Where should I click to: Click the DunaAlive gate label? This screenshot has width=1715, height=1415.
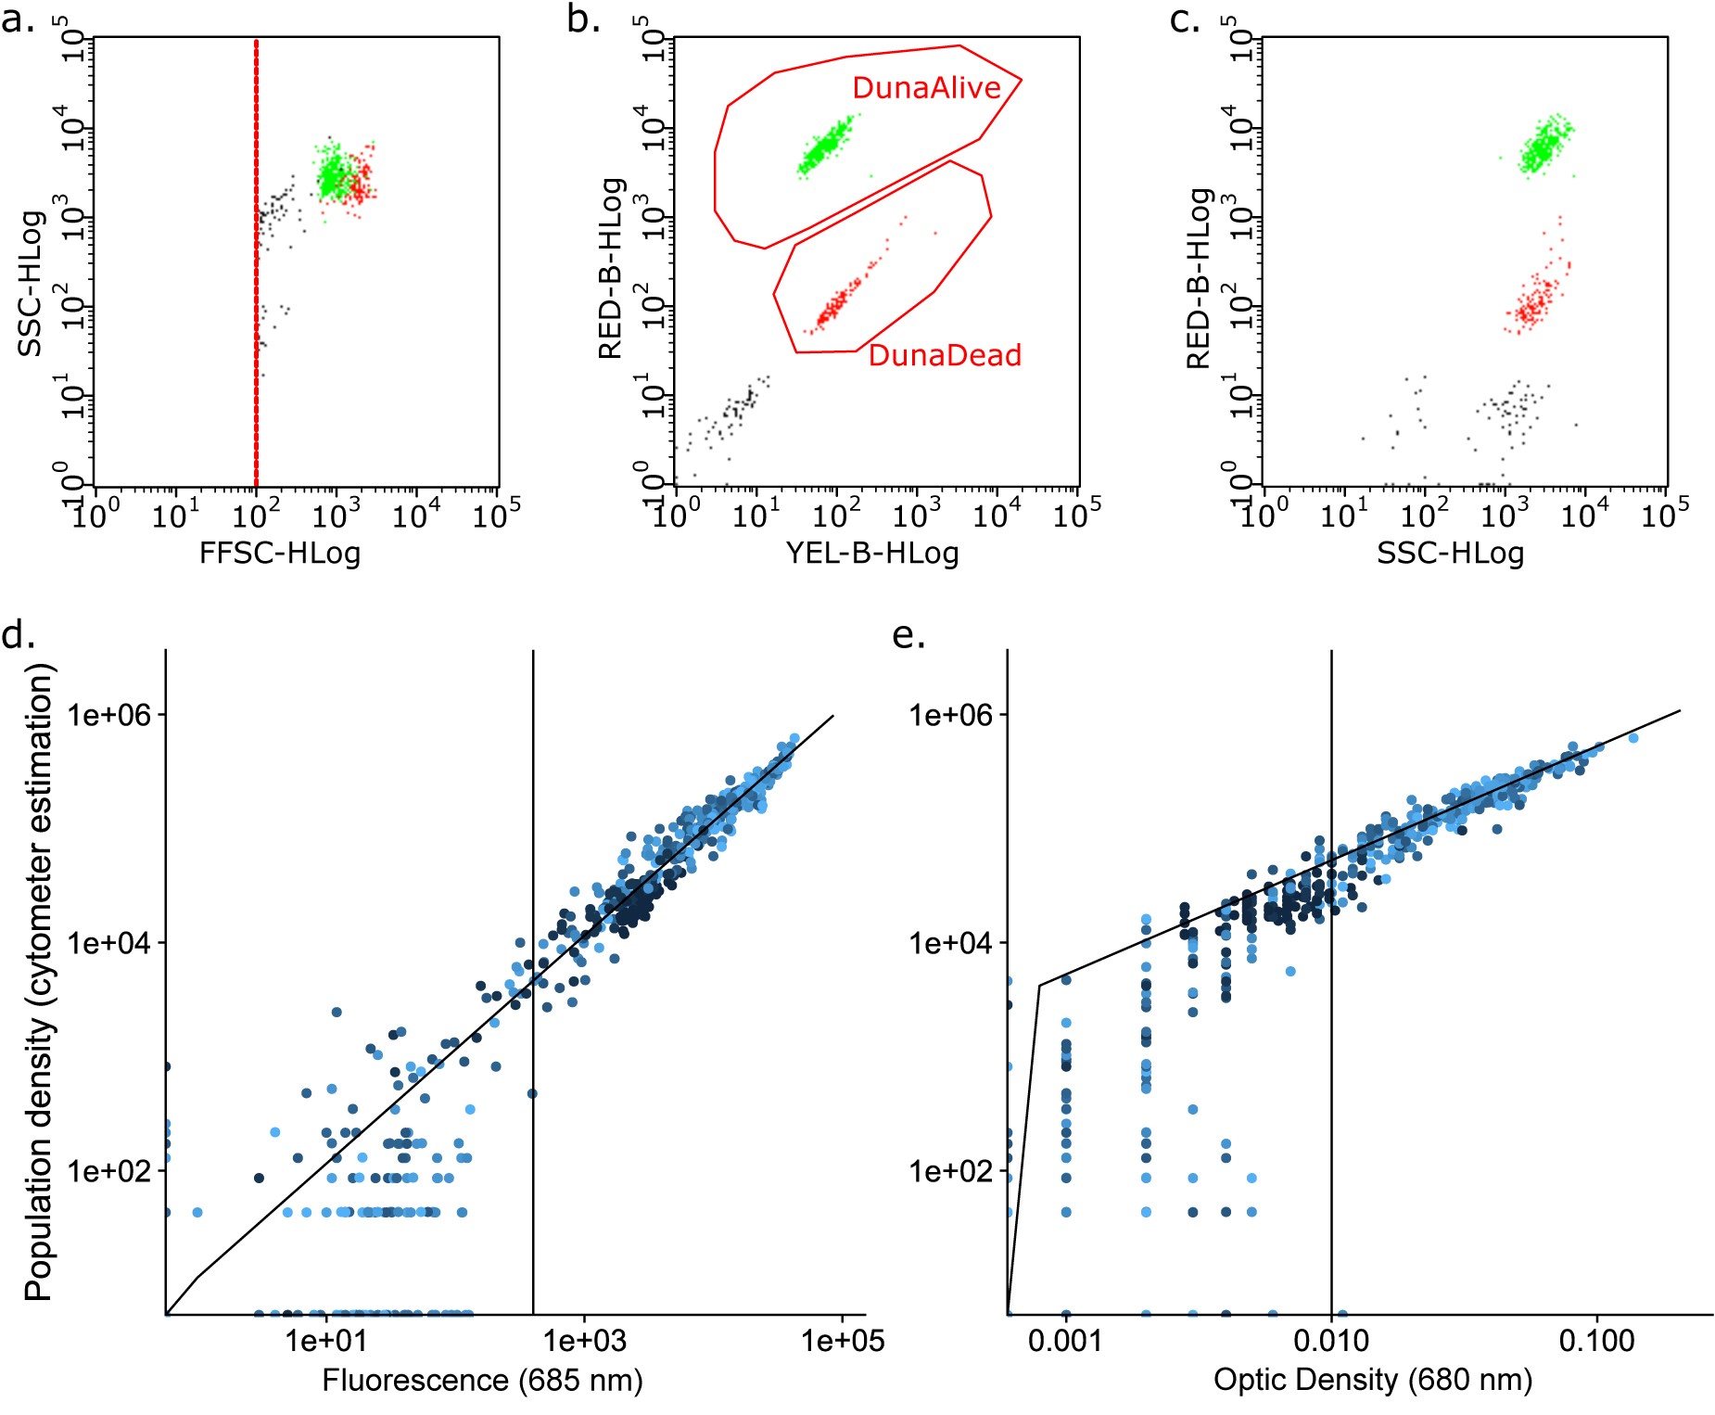(925, 88)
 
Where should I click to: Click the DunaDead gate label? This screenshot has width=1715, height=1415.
(944, 355)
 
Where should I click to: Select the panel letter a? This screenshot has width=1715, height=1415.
(17, 19)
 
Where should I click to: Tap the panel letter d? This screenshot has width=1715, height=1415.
(18, 634)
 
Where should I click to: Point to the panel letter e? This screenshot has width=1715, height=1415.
(908, 634)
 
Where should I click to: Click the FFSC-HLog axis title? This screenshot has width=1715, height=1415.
(280, 554)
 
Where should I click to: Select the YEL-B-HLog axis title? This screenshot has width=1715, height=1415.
(871, 554)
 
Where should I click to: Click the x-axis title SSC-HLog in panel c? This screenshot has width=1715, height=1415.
(1450, 554)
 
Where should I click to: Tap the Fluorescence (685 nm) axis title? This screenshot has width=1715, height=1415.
(482, 1381)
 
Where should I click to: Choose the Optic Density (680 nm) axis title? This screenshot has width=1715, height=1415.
(1372, 1381)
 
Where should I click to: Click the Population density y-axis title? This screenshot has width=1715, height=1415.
(38, 983)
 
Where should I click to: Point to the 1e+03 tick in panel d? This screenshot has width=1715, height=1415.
(584, 1341)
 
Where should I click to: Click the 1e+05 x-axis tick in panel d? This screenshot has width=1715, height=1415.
(842, 1341)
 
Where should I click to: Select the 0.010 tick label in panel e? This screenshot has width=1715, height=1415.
(1331, 1341)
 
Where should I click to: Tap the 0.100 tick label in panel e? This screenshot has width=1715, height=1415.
(1596, 1341)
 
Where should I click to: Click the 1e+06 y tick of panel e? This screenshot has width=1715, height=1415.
(949, 715)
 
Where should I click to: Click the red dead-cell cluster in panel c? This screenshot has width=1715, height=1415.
(1534, 301)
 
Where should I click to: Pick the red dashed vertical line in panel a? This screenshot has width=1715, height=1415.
(256, 278)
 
